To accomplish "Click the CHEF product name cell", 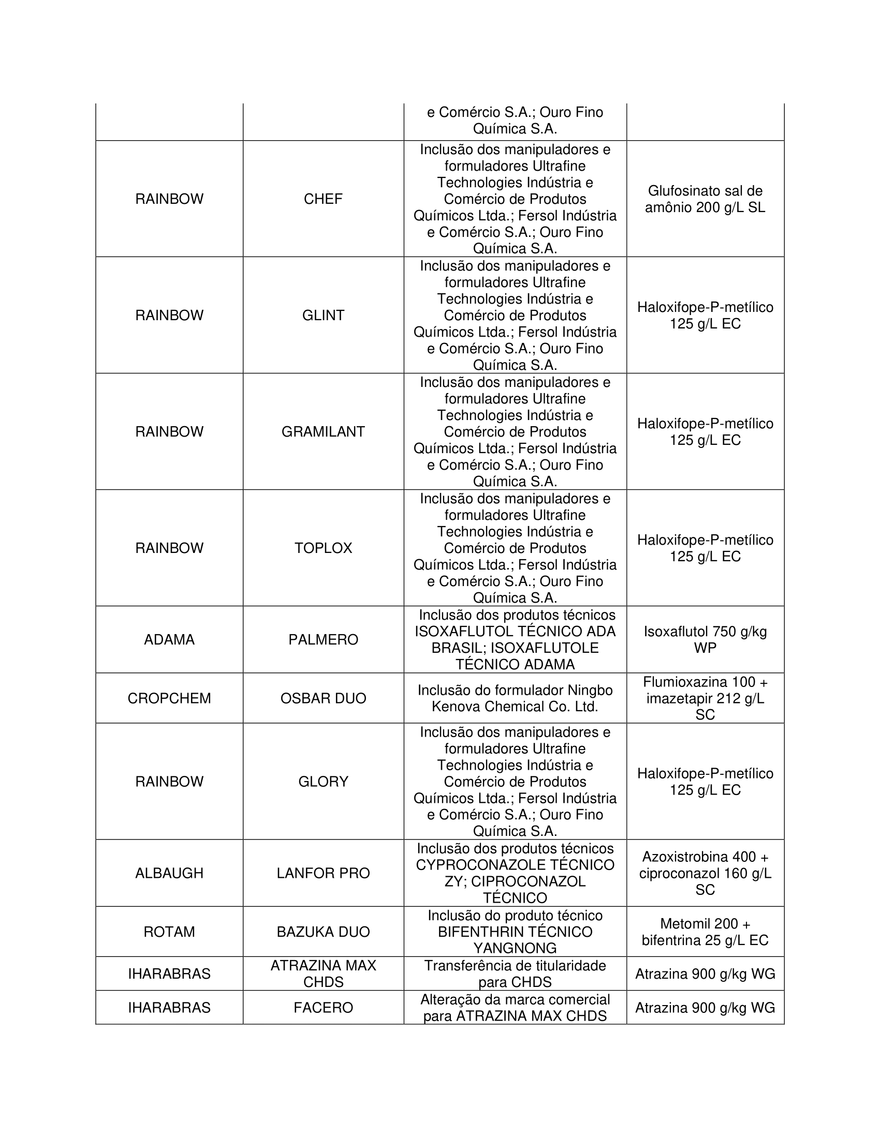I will click(x=323, y=199).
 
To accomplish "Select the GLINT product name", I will click(x=323, y=315).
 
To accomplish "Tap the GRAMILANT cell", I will click(x=323, y=431).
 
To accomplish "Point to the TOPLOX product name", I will click(x=323, y=548).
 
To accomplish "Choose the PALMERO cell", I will click(x=323, y=639).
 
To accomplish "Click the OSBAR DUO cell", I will click(x=323, y=698).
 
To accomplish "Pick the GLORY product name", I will click(x=323, y=782).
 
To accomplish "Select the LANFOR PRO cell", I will click(x=323, y=873).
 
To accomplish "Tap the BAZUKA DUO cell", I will click(x=323, y=932).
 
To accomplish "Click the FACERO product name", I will click(x=323, y=1008).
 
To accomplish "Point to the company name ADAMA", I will click(x=169, y=639).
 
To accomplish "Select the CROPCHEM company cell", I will click(x=169, y=698).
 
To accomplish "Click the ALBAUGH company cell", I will click(x=169, y=873).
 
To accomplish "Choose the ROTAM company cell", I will click(x=169, y=932).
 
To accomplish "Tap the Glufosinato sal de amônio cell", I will click(x=705, y=199).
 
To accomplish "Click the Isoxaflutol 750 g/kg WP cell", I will click(x=705, y=639).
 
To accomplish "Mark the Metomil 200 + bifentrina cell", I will click(x=705, y=932).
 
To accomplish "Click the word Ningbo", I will click(x=590, y=691).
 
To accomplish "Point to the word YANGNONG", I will click(x=515, y=948).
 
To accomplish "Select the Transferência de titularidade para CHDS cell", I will click(x=515, y=974).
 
